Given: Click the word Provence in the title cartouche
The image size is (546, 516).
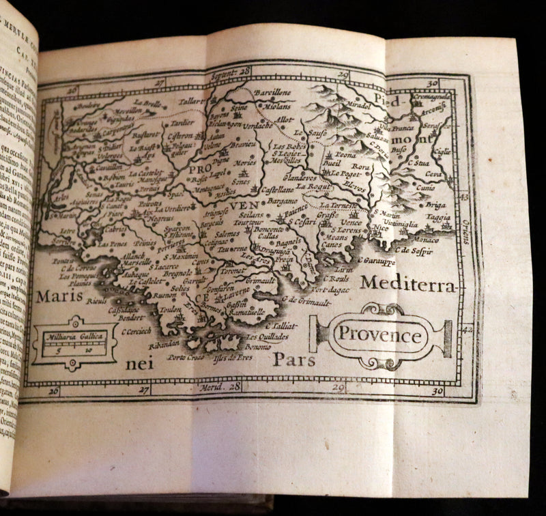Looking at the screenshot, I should point(380,336).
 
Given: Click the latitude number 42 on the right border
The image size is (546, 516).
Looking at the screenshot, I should point(466,329).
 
